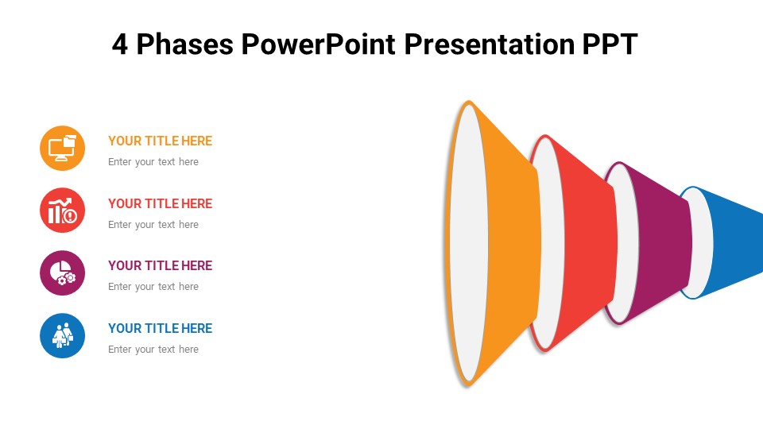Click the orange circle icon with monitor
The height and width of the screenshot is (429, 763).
coord(62,148)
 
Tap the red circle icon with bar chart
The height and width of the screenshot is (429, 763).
coord(62,211)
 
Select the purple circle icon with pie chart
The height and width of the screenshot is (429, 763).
coord(62,272)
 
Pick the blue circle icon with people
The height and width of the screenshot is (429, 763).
coord(62,335)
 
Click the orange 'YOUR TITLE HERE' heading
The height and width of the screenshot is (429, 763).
coord(160,141)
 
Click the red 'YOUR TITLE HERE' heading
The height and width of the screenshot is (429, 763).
coord(160,203)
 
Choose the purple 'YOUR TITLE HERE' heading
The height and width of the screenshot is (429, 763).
coord(160,265)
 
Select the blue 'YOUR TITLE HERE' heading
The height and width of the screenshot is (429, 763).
coord(160,328)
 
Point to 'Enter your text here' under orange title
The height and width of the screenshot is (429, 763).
coord(153,162)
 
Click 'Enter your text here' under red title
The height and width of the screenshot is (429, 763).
coord(153,225)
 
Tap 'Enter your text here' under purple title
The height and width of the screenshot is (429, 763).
coord(153,287)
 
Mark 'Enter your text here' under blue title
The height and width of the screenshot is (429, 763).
coord(153,350)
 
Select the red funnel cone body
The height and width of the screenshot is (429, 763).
coord(588,242)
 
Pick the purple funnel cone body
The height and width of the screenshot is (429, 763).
coord(664,242)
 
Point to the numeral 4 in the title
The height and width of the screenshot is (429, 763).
coord(120,44)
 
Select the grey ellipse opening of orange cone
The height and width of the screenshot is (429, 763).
coord(468,242)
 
